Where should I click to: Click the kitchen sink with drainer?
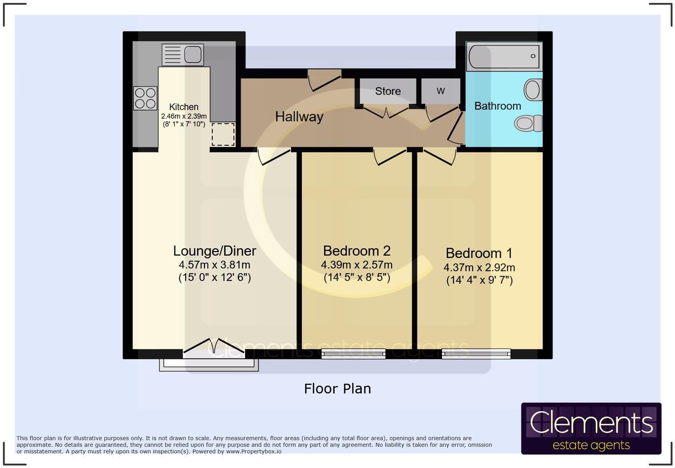click(183, 54)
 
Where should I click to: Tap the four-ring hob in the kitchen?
click(145, 98)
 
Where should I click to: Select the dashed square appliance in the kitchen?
click(223, 134)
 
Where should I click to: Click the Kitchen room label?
click(183, 107)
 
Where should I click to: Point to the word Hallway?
click(299, 117)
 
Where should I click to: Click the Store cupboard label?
click(387, 91)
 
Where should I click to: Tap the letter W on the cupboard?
click(440, 91)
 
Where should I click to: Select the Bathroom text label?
click(497, 106)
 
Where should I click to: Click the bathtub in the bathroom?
click(504, 57)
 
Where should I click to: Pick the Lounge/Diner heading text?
click(214, 251)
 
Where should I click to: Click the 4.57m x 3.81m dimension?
click(214, 264)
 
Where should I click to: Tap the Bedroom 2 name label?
click(356, 251)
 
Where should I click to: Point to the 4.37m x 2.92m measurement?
click(479, 267)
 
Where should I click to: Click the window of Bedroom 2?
click(353, 354)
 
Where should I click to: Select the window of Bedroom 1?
click(476, 354)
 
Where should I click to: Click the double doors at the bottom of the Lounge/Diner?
click(214, 347)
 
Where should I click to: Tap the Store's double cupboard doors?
click(386, 112)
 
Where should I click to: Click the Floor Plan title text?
click(337, 389)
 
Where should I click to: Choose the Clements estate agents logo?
click(591, 428)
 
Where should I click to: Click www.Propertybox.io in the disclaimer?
click(254, 451)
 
